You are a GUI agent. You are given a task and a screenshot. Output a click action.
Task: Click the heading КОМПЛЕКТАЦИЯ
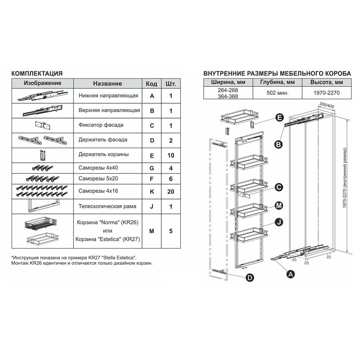(x=37, y=73)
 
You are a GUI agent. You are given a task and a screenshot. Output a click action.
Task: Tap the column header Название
(x=107, y=84)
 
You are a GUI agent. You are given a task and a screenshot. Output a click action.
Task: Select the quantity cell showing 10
(x=171, y=156)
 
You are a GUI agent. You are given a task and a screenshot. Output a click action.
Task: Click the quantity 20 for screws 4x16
(x=171, y=192)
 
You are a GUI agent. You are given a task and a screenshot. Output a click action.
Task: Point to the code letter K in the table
(x=152, y=192)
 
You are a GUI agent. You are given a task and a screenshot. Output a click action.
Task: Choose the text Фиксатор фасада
(x=101, y=125)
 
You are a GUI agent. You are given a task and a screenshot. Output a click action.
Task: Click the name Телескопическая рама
(x=107, y=206)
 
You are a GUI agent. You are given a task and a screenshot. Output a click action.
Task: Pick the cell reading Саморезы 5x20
(x=98, y=179)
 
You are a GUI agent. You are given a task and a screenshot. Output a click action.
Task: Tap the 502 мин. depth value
(x=277, y=93)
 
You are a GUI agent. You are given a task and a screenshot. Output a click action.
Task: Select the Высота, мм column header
(x=327, y=82)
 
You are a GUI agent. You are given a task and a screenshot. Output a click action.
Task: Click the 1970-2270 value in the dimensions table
(x=327, y=93)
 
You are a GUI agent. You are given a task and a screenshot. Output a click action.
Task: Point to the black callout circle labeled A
(x=291, y=274)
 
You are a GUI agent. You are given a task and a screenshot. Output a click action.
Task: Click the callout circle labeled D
(x=250, y=278)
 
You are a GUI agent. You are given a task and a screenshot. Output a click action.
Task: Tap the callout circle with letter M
(x=279, y=206)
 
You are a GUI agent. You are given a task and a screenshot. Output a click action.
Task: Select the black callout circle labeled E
(x=279, y=118)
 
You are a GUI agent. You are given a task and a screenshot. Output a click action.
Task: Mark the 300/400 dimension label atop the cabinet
(x=327, y=105)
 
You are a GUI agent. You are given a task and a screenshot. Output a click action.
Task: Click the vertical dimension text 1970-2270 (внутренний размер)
(x=345, y=178)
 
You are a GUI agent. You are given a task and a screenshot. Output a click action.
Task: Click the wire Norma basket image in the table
(x=41, y=224)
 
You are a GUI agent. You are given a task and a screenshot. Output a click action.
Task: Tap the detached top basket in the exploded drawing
(x=239, y=117)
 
